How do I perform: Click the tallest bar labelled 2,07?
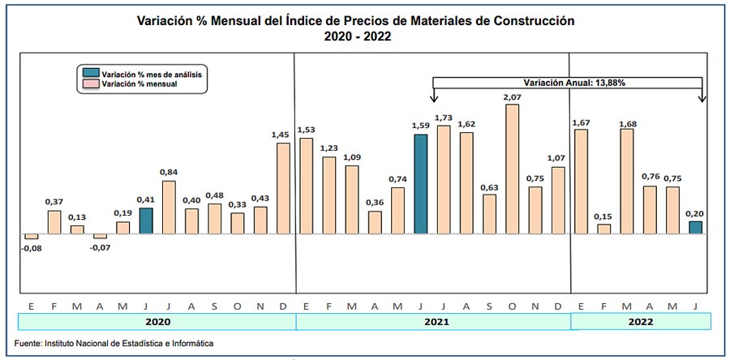[x=512, y=169]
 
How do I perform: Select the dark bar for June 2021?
[x=420, y=184]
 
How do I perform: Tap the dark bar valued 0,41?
[x=145, y=221]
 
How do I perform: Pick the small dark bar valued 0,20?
[x=695, y=228]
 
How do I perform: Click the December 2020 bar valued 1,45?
[x=283, y=188]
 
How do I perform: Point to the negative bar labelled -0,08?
[x=31, y=237]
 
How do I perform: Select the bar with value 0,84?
[x=169, y=207]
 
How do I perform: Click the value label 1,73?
[x=443, y=118]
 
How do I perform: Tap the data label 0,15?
[x=603, y=216]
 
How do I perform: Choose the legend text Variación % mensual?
[x=140, y=84]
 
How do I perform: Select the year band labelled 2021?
[x=433, y=322]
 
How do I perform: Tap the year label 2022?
[x=640, y=322]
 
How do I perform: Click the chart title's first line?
[x=355, y=21]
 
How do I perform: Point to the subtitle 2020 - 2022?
[x=355, y=36]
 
